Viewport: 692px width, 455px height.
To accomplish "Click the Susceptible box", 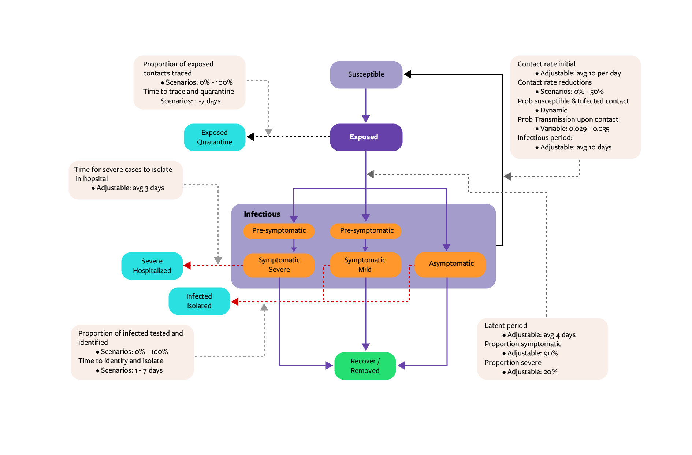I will coord(366,74).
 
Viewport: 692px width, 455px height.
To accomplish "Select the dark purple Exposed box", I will coord(366,137).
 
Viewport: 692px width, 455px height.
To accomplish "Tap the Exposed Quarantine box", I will coord(215,137).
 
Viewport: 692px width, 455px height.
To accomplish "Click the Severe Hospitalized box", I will coord(152,266).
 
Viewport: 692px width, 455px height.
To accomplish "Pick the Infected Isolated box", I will coord(199,301).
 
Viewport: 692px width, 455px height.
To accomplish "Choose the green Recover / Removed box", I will coord(365,366).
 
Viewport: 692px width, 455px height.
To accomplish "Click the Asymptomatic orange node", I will coord(451,264).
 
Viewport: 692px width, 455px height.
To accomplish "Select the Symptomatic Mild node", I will coord(365,265).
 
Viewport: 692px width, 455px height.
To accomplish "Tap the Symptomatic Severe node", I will coord(279,265).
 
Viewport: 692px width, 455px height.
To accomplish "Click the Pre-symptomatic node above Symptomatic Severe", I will coord(279,231).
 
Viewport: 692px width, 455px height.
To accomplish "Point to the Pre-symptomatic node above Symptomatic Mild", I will coord(366,231).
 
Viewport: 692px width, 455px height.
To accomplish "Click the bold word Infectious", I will coord(262,214).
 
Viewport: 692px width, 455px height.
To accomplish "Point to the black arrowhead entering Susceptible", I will coord(407,74).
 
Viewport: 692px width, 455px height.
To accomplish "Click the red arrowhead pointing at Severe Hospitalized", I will coord(187,265).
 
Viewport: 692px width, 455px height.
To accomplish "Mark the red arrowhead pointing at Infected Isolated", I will coord(235,302).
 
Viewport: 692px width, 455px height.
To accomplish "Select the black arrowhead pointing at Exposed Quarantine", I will coord(250,137).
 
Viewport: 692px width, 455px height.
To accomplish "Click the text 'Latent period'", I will coord(506,326).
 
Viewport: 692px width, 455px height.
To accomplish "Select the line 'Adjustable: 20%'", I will coord(532,372).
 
